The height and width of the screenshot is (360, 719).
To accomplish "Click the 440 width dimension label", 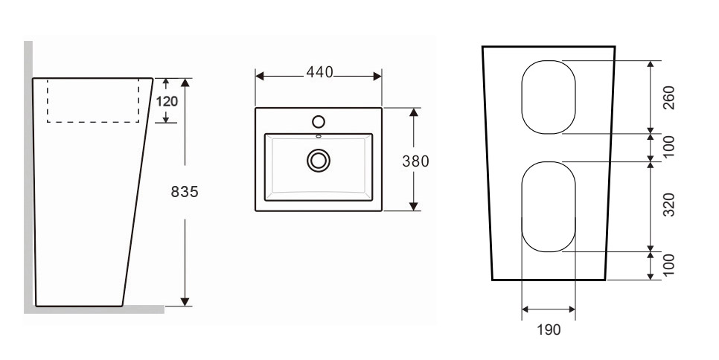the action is (319, 72).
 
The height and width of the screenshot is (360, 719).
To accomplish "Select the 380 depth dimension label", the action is (415, 161).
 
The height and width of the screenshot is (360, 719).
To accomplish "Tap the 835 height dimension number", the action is (185, 192).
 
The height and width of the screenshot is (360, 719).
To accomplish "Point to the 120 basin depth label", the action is (167, 101).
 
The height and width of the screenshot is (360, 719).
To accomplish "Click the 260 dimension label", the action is (668, 97).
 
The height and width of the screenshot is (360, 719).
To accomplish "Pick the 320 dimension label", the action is (668, 205).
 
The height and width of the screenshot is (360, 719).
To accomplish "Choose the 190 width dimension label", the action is (549, 330).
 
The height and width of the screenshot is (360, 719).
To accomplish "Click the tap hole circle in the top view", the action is (319, 121).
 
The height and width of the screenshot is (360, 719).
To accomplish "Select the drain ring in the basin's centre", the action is (319, 161).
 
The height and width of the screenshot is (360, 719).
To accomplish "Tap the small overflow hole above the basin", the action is (319, 136).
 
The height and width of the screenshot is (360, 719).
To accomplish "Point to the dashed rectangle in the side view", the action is (93, 122).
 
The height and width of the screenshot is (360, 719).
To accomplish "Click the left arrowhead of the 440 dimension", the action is (260, 76).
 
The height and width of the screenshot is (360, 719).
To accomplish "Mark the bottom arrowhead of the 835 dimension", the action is (185, 301).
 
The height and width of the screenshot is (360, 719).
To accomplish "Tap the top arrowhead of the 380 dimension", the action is (414, 112).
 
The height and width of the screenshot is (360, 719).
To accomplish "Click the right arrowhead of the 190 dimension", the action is (572, 309).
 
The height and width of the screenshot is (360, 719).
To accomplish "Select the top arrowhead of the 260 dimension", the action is (651, 65).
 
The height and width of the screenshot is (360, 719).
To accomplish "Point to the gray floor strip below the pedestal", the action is (94, 310).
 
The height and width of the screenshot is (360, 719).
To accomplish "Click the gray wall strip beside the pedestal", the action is (28, 174).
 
